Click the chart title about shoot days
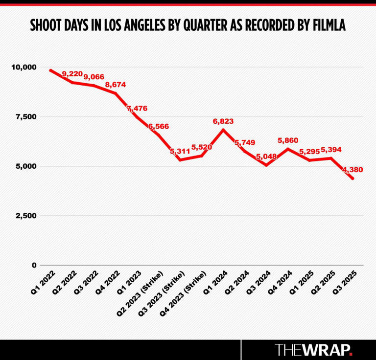188,25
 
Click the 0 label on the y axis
34,265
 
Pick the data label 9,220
72,74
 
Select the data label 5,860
288,140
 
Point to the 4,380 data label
352,170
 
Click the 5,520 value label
201,147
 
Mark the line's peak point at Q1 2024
223,130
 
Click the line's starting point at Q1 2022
50,70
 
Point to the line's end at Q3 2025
352,179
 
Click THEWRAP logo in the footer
313,350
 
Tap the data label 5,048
266,157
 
